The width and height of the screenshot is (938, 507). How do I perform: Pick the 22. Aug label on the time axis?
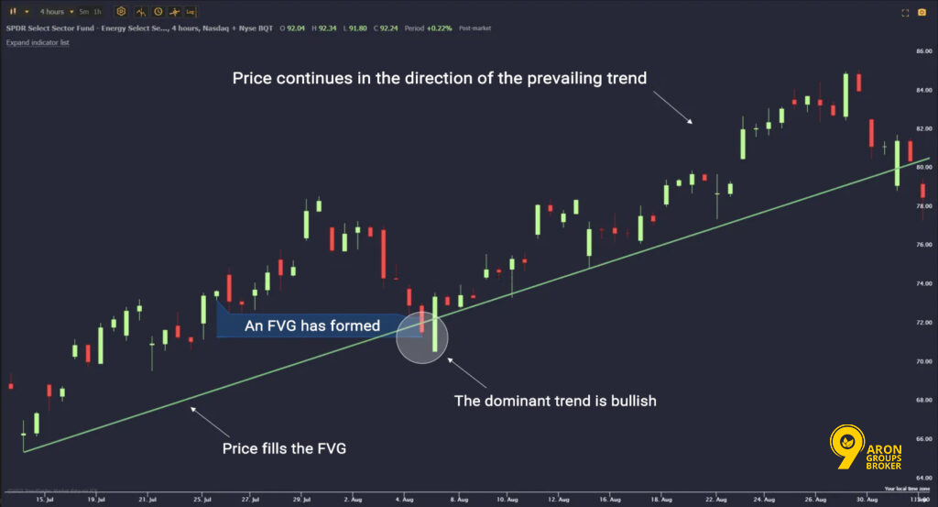click(716, 499)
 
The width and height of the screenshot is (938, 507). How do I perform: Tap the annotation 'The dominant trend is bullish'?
click(556, 401)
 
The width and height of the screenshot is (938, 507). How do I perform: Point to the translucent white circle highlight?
click(422, 337)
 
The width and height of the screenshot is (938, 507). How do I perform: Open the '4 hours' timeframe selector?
click(51, 12)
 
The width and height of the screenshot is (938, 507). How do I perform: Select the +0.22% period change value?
click(439, 28)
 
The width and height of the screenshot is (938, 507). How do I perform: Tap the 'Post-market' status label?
click(475, 28)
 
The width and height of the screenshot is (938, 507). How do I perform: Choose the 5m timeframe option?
click(83, 12)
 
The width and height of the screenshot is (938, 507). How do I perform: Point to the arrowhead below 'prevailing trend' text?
click(693, 123)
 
